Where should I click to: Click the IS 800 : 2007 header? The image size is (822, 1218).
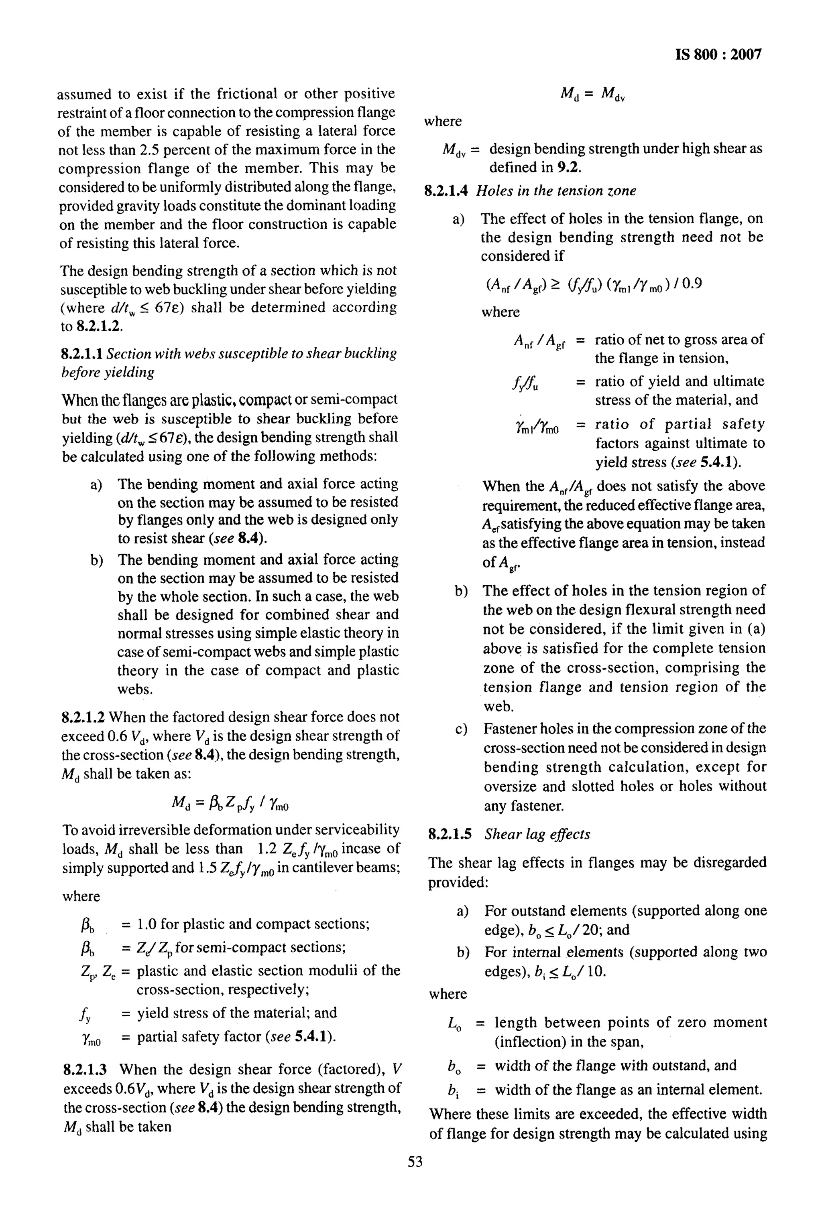pyautogui.click(x=718, y=55)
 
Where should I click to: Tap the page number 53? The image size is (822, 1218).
pyautogui.click(x=415, y=1162)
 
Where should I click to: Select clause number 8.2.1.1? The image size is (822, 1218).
pyautogui.click(x=82, y=354)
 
